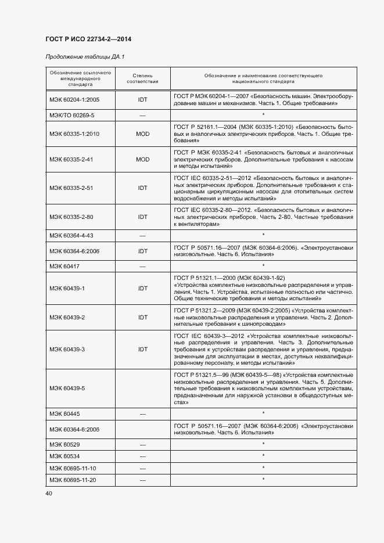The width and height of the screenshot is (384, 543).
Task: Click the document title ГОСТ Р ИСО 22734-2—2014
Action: (x=87, y=39)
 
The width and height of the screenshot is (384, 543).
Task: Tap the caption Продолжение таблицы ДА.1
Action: (x=85, y=57)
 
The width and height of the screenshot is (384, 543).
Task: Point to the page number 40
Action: (x=49, y=493)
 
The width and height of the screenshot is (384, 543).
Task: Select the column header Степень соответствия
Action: (x=142, y=78)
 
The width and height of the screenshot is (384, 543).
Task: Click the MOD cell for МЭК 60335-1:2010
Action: (x=142, y=134)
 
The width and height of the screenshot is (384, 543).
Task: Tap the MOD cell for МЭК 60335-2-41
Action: (x=142, y=159)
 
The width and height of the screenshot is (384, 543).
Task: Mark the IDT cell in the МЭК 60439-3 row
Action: (x=142, y=350)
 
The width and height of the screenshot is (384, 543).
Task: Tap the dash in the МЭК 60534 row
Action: (x=142, y=456)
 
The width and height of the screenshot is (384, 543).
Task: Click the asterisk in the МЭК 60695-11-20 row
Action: (x=264, y=479)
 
